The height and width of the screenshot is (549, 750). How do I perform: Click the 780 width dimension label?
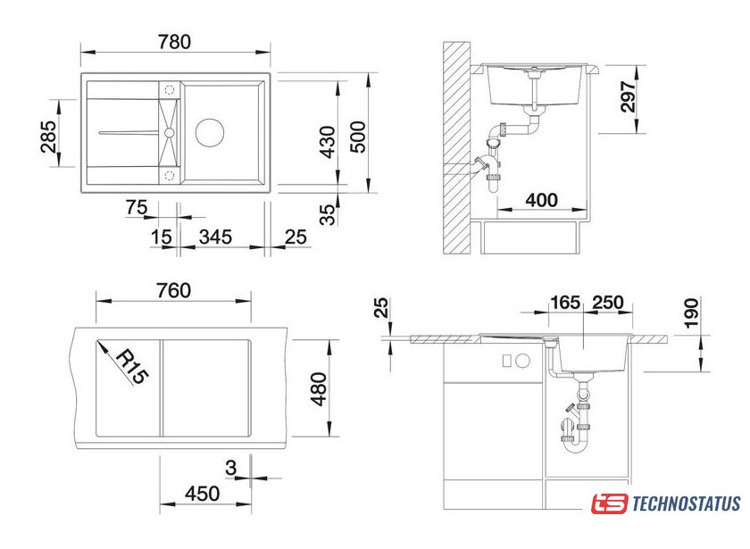point(175,42)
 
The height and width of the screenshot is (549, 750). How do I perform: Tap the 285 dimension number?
point(48,137)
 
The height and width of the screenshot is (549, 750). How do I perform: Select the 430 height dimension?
point(328,142)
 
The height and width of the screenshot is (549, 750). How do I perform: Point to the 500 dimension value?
point(358,137)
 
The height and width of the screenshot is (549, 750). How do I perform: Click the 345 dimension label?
point(216,237)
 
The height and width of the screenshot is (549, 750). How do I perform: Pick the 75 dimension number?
point(137,207)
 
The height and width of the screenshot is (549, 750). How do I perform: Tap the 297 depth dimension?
point(629,96)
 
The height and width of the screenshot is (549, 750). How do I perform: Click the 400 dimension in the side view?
point(541,200)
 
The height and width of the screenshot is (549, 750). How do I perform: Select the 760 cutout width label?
point(173,290)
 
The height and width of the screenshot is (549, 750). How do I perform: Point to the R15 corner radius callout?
point(131,366)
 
